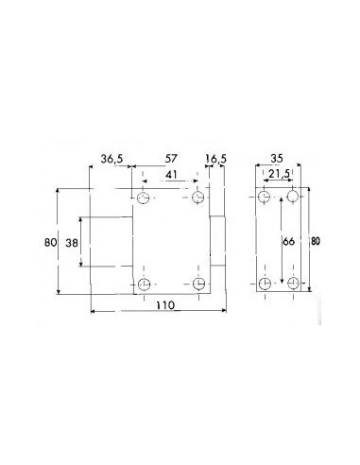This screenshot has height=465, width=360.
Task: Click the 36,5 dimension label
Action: (x=111, y=159)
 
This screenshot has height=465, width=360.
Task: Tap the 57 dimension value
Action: (x=171, y=159)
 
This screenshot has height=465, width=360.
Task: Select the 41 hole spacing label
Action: (x=171, y=175)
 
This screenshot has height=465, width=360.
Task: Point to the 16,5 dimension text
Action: (x=215, y=159)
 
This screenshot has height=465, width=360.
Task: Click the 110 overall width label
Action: (x=165, y=305)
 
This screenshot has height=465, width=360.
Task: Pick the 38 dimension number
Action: (x=72, y=243)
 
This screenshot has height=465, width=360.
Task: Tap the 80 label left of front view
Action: (x=51, y=242)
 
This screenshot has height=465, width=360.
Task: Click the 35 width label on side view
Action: (x=277, y=159)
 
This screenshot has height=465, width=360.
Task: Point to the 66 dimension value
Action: (x=288, y=241)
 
